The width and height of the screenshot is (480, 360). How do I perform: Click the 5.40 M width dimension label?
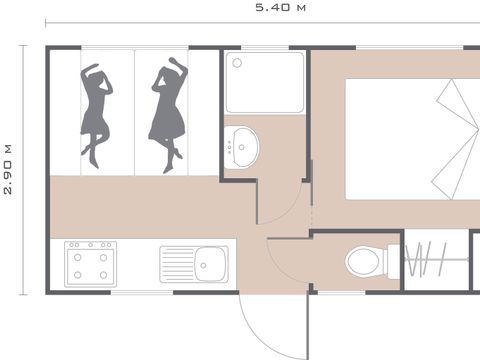coord(279,8)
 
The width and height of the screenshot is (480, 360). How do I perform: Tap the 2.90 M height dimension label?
coord(8,169)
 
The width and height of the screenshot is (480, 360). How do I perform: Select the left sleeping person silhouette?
coord(98,112)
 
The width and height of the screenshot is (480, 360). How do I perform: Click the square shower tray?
coord(265,82)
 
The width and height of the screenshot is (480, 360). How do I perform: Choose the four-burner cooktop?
coord(90,265)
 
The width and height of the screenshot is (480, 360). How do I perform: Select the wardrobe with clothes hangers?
coord(437,262)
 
